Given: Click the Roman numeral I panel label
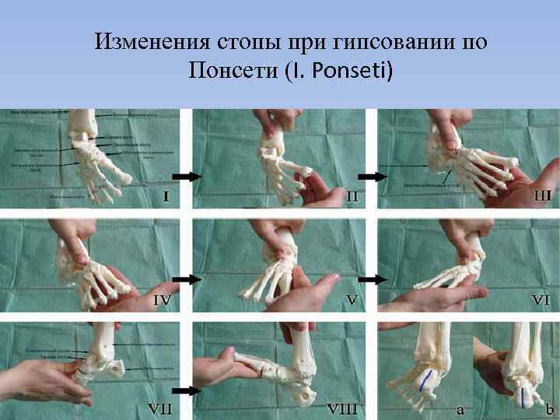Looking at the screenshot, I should pos(166,197).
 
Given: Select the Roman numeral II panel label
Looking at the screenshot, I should pos(352,197).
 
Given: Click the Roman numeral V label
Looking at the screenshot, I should pos(352,299).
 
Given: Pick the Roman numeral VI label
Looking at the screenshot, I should pos(541,299).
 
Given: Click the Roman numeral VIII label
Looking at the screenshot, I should pos(342,407).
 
